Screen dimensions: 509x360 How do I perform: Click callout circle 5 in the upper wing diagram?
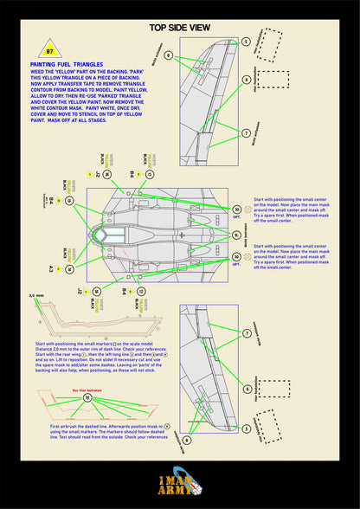click(x=246, y=41)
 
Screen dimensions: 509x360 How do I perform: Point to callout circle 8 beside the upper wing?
click(x=169, y=55)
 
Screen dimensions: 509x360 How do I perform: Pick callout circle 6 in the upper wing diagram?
click(x=246, y=80)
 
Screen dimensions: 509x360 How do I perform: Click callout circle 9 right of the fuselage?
click(x=237, y=209)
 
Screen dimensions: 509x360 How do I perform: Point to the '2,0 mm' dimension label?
click(x=35, y=296)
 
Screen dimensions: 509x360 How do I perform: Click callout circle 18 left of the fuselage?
click(x=69, y=201)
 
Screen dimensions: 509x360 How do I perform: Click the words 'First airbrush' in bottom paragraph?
click(x=66, y=427)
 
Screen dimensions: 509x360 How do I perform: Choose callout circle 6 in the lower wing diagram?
click(x=246, y=389)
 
